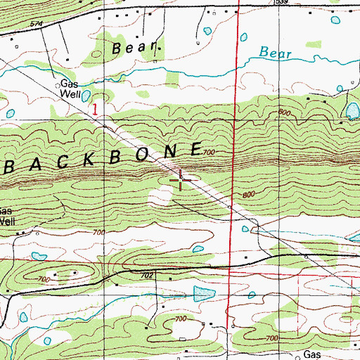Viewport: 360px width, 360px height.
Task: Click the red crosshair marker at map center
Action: coord(181,181)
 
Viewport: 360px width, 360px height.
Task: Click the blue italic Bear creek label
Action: coord(274,52)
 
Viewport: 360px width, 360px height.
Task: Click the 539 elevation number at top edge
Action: coord(281,3)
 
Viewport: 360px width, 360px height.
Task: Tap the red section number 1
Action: coord(96,110)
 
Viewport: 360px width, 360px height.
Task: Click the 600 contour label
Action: coord(284,112)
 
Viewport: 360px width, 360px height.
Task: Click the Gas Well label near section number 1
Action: coord(70,87)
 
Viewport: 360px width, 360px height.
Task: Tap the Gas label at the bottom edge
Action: coord(312,354)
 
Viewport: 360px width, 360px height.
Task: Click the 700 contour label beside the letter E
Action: coord(208,153)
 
